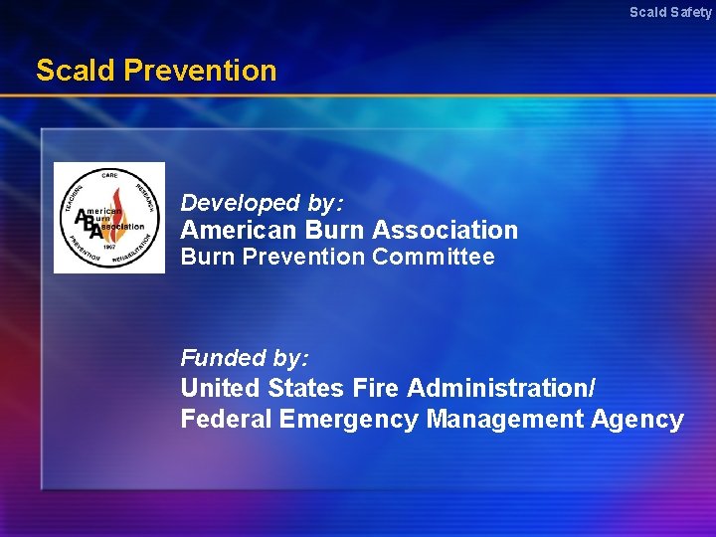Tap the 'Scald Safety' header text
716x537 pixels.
click(x=670, y=13)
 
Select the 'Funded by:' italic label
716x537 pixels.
click(x=245, y=357)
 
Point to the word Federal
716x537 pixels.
click(x=226, y=420)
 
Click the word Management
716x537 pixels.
click(x=504, y=420)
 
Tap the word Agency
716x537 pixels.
click(x=637, y=420)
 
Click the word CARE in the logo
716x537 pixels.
click(x=109, y=176)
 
